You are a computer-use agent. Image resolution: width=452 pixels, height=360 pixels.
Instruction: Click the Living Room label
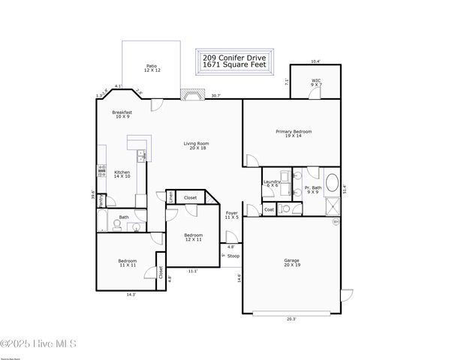[x=197, y=146]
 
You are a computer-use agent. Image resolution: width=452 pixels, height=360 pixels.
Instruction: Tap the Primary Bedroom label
[x=293, y=133]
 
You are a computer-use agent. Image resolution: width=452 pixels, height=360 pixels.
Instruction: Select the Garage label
[x=291, y=263]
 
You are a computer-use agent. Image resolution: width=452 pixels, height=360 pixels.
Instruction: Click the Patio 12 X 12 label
[x=152, y=68]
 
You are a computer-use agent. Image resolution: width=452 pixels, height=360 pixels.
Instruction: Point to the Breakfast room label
[x=122, y=115]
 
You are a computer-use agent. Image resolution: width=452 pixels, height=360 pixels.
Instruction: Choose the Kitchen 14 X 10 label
[x=122, y=174]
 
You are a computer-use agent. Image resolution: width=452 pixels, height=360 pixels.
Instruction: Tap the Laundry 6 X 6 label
[x=272, y=184]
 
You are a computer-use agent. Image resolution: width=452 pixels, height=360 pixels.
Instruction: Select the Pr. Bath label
[x=313, y=190]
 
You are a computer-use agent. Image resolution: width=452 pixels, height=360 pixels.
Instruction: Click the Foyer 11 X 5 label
[x=232, y=215]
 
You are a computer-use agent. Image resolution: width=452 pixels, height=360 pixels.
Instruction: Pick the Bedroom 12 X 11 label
[x=193, y=237]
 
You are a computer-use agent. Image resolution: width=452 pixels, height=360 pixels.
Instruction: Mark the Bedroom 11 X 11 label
[x=127, y=263]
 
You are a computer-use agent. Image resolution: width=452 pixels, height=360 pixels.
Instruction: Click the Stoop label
[x=234, y=256]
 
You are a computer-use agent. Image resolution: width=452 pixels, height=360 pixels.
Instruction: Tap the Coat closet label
[x=269, y=209]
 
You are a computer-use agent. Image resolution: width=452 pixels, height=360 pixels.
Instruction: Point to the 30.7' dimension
[x=215, y=95]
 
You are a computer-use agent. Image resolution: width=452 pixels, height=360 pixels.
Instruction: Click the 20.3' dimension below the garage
[x=291, y=319]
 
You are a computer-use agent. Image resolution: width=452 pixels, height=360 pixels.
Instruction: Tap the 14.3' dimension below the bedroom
[x=131, y=295]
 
